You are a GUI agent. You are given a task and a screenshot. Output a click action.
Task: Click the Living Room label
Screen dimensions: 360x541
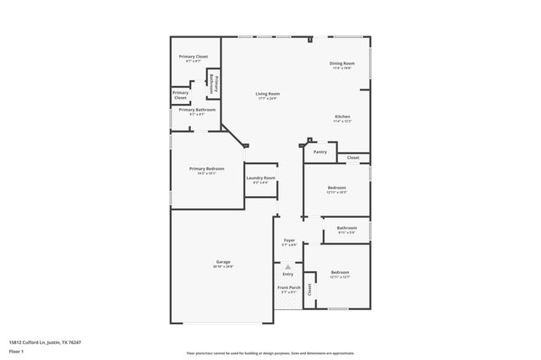tap(268, 94)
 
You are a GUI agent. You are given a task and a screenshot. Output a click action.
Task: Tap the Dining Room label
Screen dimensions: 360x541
tap(342, 64)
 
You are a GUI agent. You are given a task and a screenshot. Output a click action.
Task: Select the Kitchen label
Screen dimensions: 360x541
tap(342, 117)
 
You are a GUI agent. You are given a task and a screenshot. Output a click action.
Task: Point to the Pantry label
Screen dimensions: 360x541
tap(320, 152)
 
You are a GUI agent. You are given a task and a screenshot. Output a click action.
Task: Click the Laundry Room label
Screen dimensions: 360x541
tap(260, 177)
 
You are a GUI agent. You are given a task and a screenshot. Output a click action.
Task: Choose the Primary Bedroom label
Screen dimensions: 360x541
tap(206, 169)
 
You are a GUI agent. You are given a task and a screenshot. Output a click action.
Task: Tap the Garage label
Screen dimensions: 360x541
tap(223, 262)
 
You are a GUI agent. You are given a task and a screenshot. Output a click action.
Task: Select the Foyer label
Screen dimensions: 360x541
tap(288, 241)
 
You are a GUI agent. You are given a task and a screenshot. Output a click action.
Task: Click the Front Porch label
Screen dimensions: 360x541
tap(288, 288)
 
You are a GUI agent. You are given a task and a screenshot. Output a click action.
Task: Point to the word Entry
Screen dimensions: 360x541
tap(288, 274)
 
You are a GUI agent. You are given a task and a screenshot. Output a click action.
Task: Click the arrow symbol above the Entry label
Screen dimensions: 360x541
tap(288, 266)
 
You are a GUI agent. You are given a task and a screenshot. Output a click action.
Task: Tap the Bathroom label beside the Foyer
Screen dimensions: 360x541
tap(347, 227)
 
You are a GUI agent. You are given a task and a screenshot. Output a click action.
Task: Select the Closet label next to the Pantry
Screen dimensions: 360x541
tap(352, 157)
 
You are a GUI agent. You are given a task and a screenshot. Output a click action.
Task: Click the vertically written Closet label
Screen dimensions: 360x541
tap(309, 289)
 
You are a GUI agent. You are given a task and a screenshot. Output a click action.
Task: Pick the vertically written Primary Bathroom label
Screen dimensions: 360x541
tap(216, 85)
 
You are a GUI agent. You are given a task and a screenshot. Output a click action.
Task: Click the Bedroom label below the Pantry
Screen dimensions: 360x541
tap(336, 188)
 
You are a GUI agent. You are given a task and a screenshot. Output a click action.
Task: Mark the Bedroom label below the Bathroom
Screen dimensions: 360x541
tap(340, 272)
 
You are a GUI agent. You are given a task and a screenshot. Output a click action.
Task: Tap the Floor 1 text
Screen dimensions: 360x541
tap(17, 351)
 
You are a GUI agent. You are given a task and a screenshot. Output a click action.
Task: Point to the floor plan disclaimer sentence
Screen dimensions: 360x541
tap(270, 353)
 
